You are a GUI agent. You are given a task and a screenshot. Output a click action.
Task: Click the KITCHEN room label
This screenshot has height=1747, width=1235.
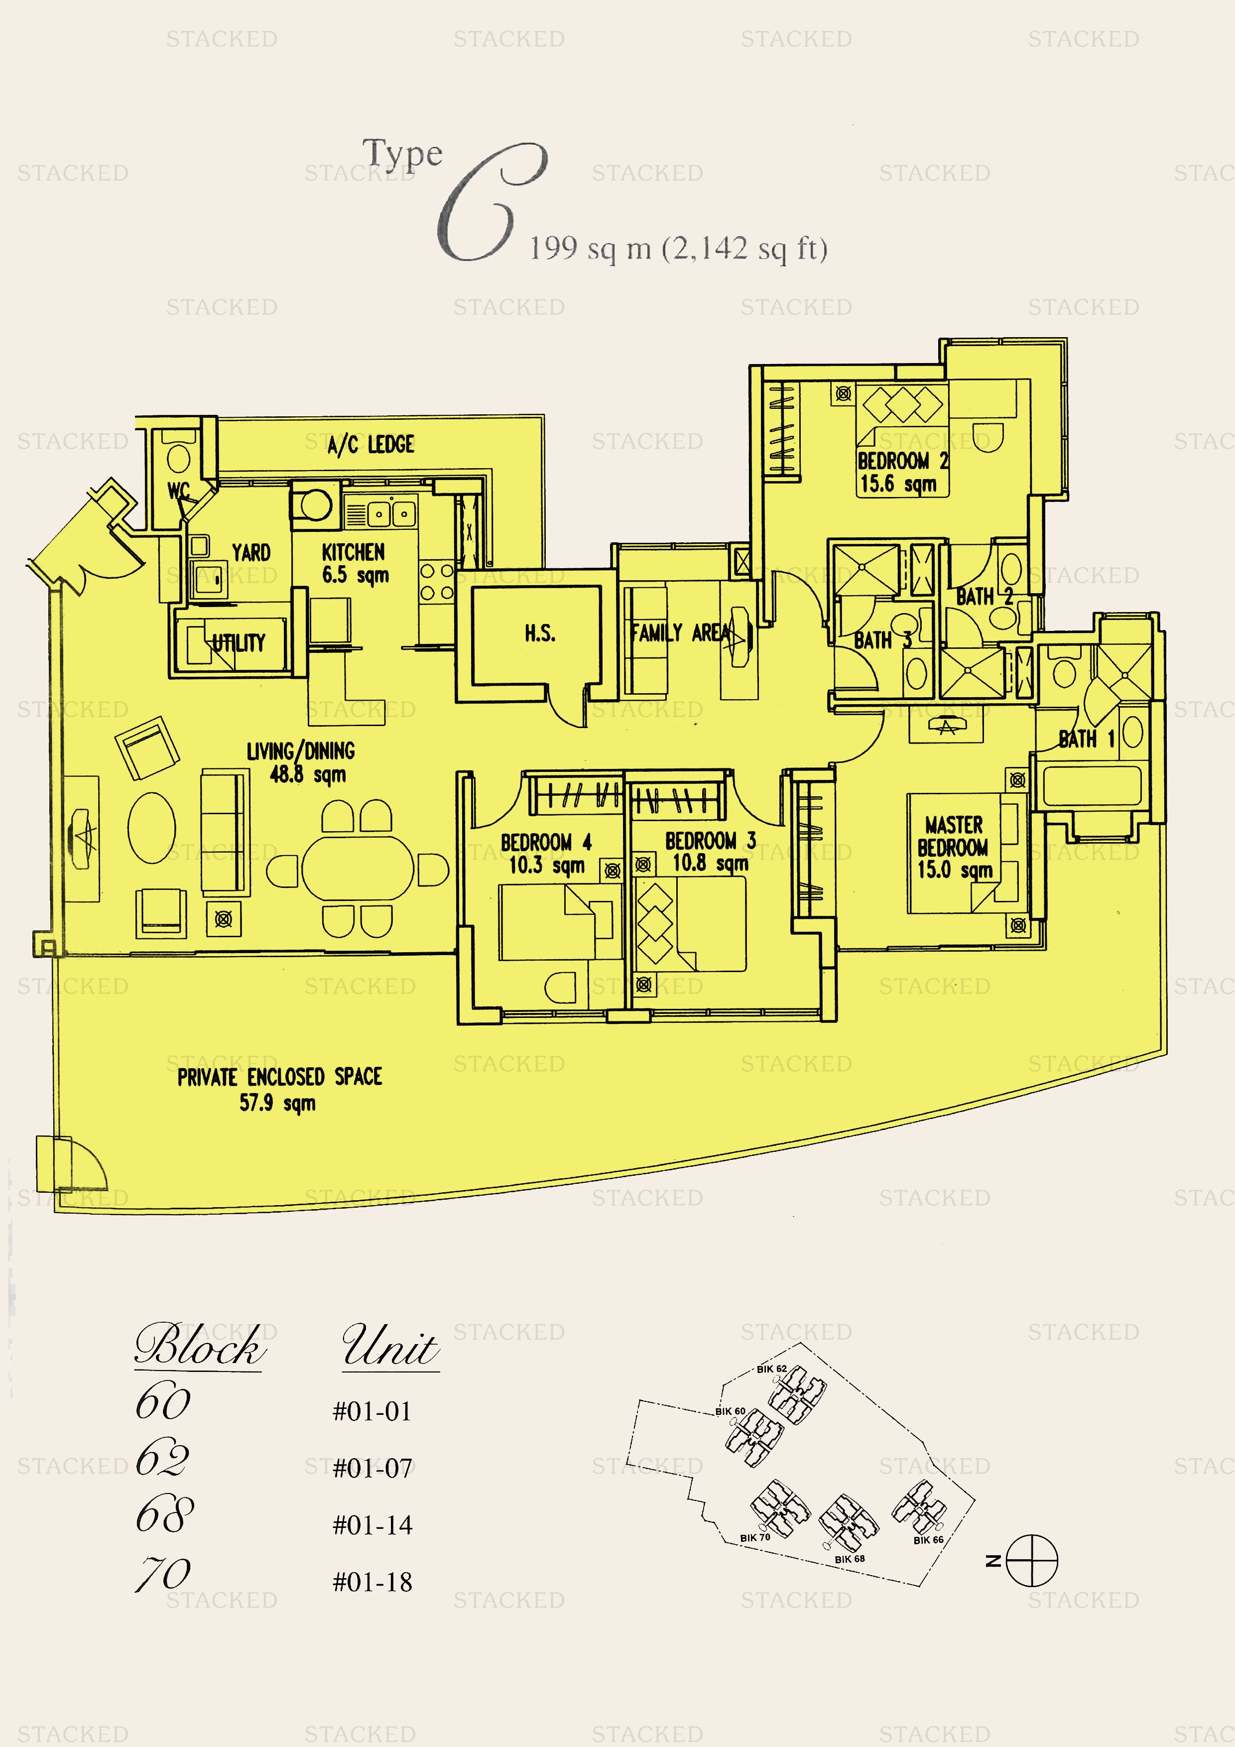(x=353, y=552)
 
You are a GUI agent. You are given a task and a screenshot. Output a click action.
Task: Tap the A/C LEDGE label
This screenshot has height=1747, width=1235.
(x=370, y=444)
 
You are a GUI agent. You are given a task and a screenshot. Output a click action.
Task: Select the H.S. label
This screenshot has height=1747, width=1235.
(x=540, y=633)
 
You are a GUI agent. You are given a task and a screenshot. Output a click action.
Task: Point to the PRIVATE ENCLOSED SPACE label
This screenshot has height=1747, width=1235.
(x=280, y=1077)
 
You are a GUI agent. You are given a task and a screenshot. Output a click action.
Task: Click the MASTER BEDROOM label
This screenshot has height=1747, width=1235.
(x=954, y=836)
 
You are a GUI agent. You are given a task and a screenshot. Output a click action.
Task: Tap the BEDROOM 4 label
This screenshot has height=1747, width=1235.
(x=546, y=842)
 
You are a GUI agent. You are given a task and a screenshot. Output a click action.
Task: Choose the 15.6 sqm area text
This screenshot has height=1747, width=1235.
(x=898, y=484)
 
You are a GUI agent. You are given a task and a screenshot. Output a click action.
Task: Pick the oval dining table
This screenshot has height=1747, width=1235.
(x=358, y=869)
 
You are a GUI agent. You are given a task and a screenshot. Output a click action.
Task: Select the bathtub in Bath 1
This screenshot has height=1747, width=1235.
(x=1093, y=786)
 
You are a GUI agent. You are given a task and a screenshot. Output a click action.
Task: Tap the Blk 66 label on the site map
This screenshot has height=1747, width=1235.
(x=928, y=1540)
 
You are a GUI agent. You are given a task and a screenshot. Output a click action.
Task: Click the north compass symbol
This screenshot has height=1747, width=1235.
(x=1032, y=1561)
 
